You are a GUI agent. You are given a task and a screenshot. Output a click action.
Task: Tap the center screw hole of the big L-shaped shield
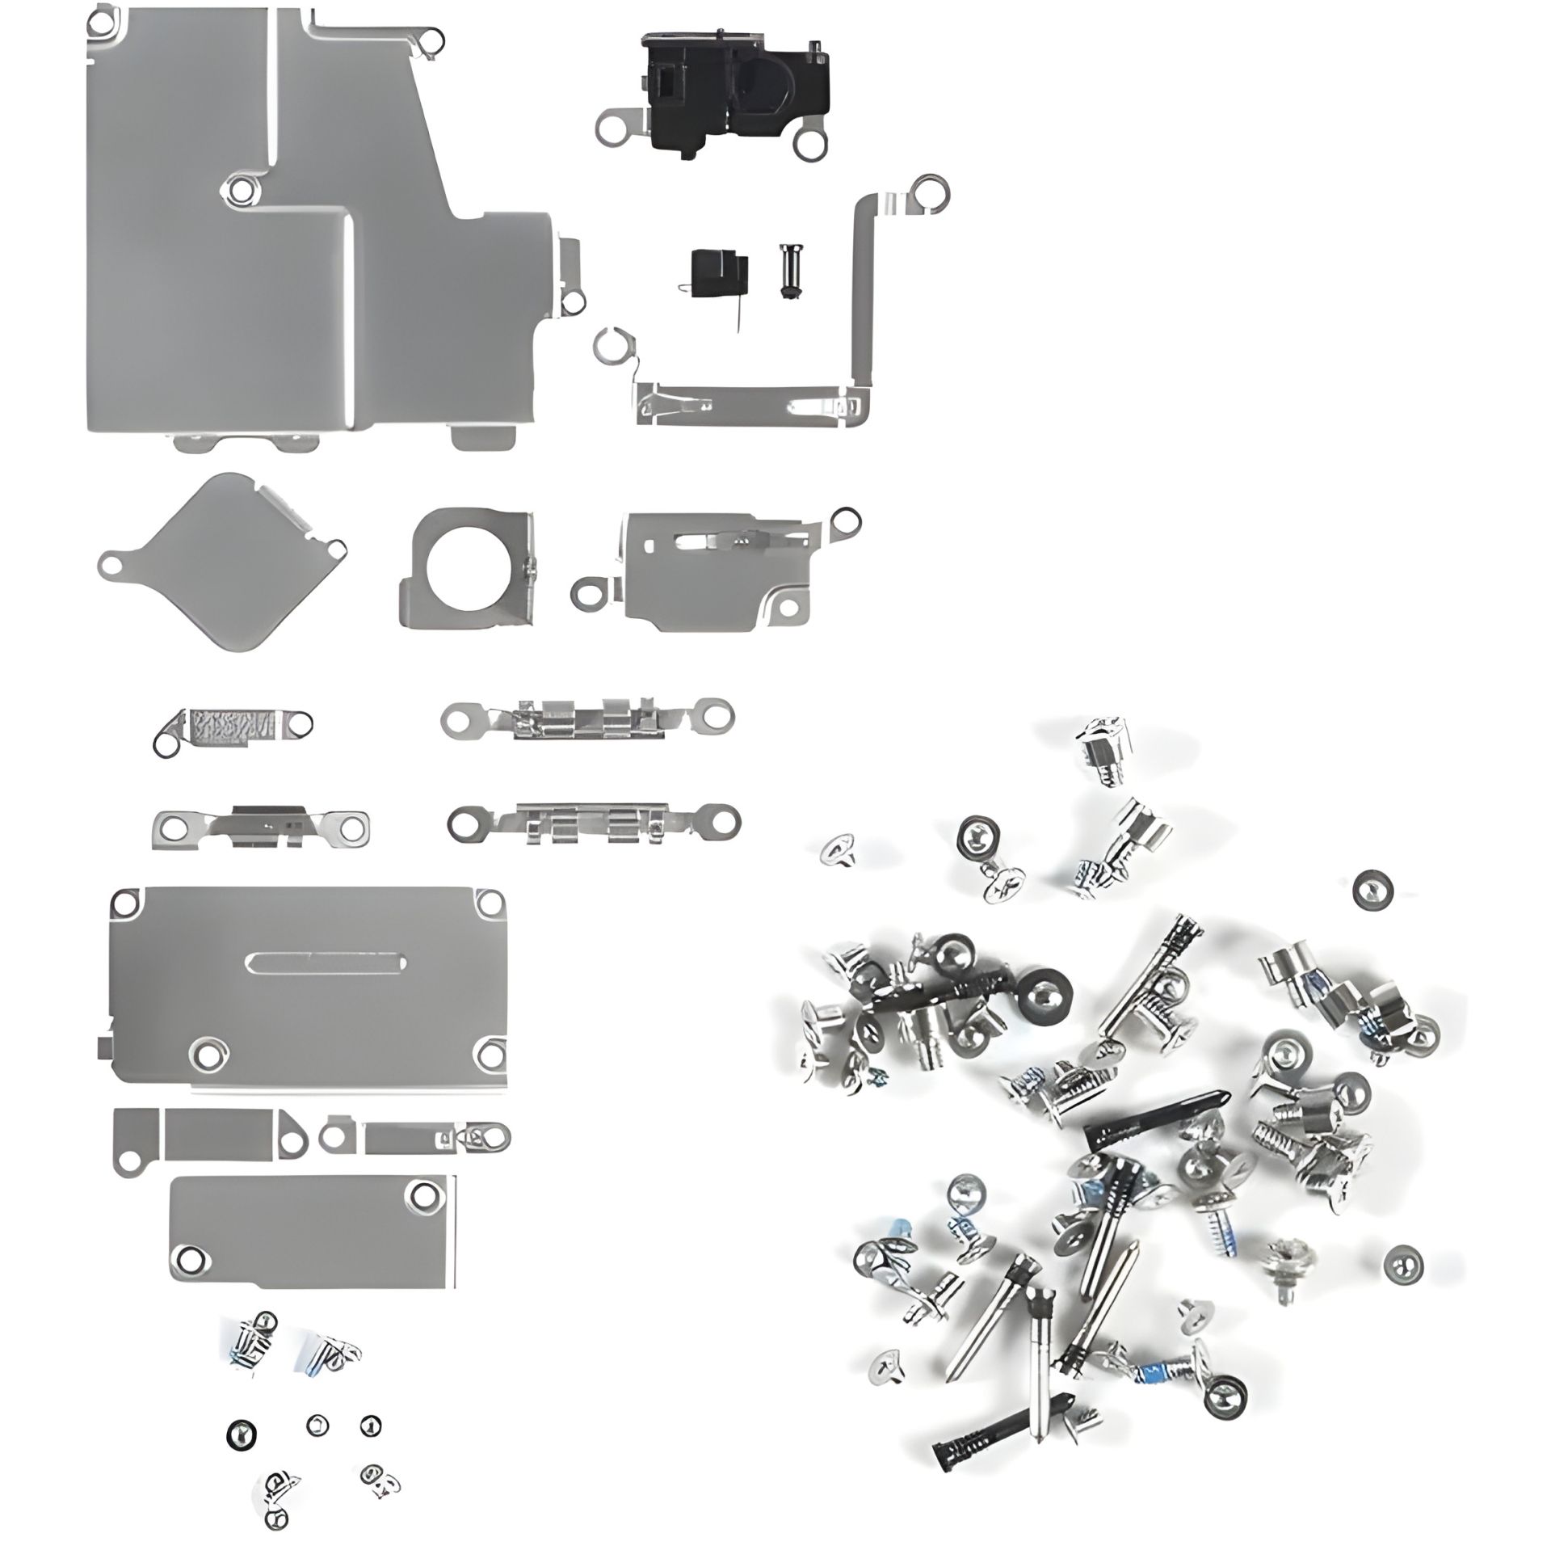(x=238, y=189)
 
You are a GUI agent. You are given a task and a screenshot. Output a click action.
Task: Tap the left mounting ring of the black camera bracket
(x=611, y=128)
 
